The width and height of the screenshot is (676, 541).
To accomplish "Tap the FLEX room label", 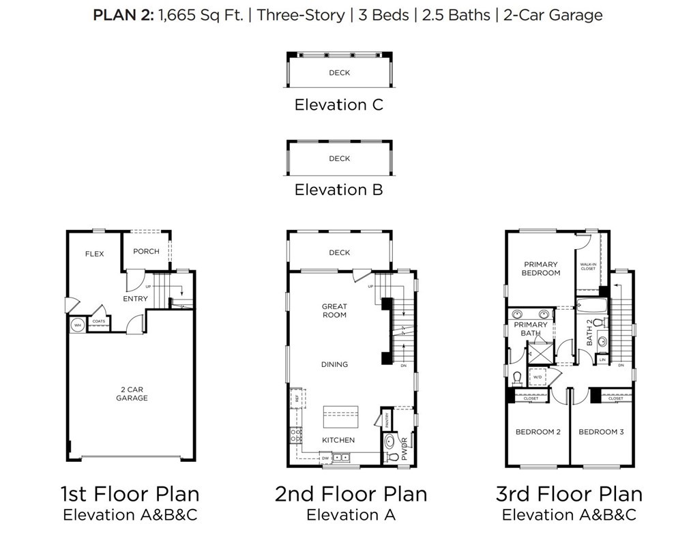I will pos(94,254).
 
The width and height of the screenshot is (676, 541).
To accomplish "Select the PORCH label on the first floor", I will pos(146,251).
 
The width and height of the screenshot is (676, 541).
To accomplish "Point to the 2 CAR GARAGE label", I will pos(132,394).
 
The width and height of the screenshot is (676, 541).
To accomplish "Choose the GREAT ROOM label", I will pos(334,311).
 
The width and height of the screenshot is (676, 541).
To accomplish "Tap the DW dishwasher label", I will pos(325,458).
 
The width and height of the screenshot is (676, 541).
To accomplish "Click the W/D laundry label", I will pos(537,377).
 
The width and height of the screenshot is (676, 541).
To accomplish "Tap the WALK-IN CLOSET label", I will pos(587,266).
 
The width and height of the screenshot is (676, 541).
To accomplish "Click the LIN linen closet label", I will pos(602,359).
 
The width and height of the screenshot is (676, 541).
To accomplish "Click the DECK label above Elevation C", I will pos(339,73).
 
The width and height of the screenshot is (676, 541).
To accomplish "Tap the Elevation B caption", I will pos(338,190).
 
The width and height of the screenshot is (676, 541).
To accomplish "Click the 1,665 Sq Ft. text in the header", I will pos(201,15).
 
